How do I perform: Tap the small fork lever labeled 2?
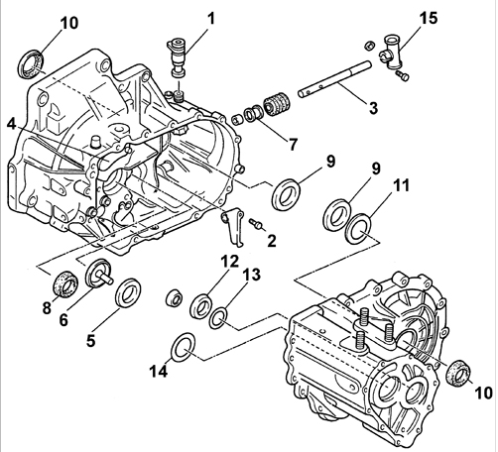coord(233,226)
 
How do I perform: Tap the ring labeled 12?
coord(204,303)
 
